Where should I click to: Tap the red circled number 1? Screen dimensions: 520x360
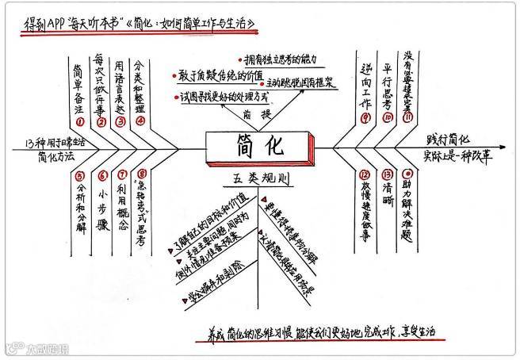tap(80, 121)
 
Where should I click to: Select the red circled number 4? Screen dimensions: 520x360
tap(141, 121)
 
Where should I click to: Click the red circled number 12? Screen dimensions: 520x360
tap(364, 174)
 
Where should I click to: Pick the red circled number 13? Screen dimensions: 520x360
tap(386, 174)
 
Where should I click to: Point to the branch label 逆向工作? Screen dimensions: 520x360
tap(365, 83)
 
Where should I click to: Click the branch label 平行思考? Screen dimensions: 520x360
tap(387, 83)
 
